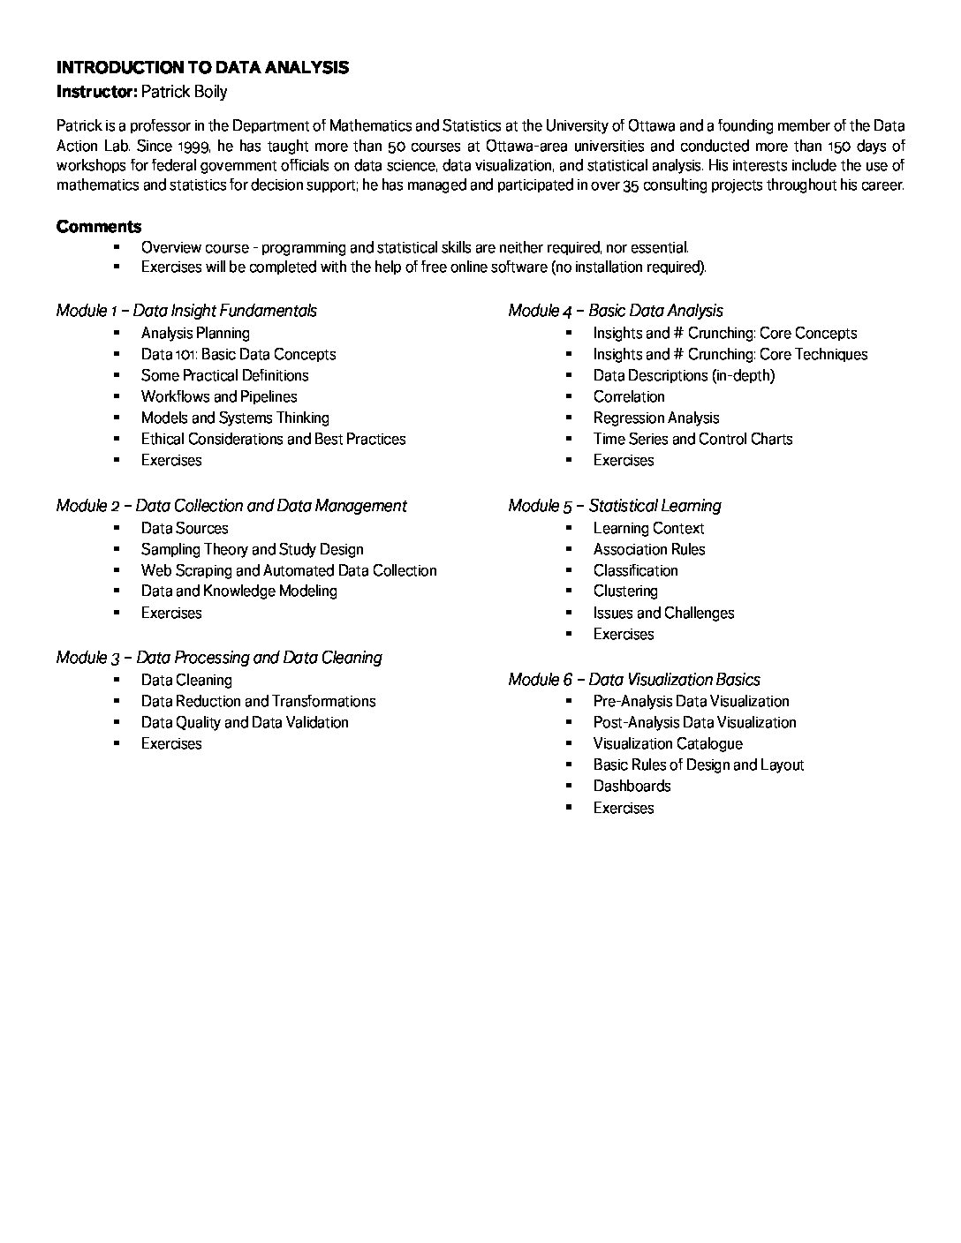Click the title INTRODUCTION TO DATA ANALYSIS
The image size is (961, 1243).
[x=202, y=68]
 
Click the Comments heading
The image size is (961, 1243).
[x=98, y=227]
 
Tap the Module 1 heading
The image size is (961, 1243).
[x=186, y=311]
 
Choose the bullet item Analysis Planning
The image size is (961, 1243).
[x=195, y=334]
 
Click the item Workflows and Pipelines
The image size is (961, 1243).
[x=219, y=397]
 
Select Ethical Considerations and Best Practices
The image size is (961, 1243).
[x=273, y=440]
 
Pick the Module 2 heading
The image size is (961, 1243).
[x=231, y=506]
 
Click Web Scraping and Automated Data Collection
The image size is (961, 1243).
[x=289, y=571]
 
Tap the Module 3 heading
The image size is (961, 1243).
[x=219, y=658]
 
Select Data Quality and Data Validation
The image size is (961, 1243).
[x=245, y=723]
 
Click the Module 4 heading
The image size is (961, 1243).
[x=616, y=311]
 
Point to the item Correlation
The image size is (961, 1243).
[x=629, y=397]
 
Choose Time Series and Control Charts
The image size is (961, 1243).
[x=692, y=440]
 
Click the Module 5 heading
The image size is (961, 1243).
[x=615, y=506]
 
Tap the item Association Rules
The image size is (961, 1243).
[x=649, y=550]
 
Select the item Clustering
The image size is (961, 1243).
[x=625, y=591]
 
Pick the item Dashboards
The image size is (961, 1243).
[x=632, y=787]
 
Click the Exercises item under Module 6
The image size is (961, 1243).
[x=624, y=809]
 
